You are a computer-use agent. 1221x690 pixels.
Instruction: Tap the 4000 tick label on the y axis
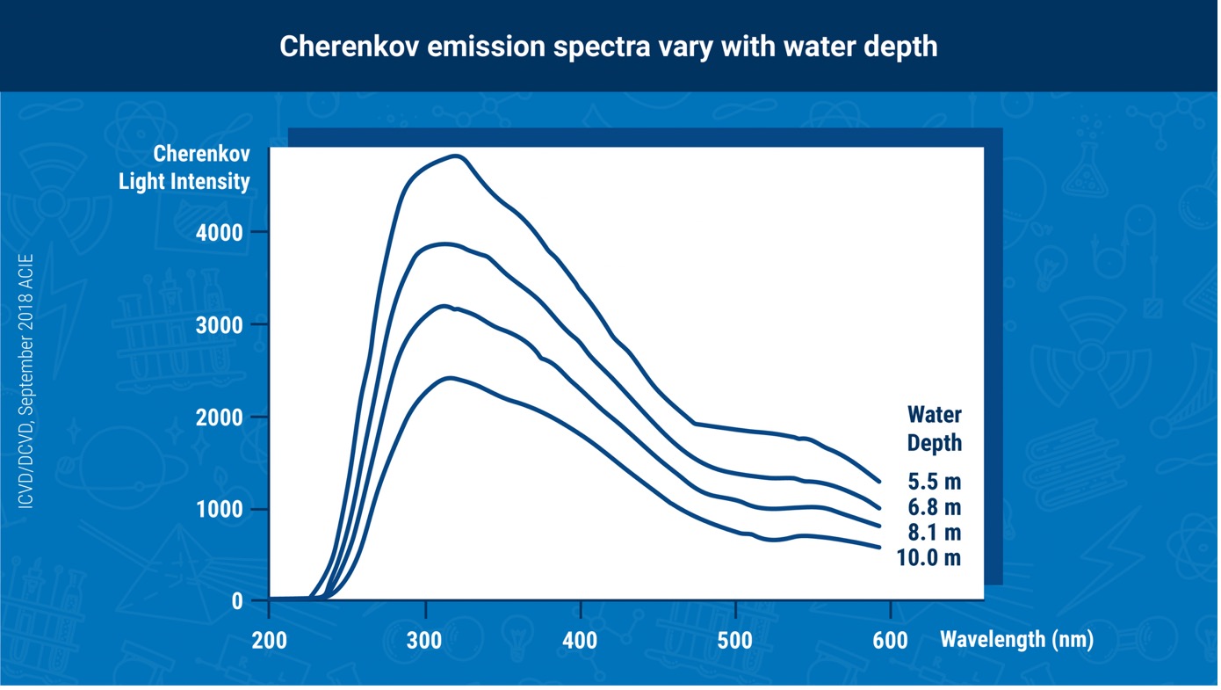(x=219, y=233)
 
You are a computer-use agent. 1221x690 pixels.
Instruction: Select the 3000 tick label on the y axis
(x=219, y=325)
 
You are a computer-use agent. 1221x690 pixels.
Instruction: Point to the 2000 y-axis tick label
(x=219, y=418)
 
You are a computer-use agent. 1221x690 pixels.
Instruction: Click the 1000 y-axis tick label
(x=219, y=510)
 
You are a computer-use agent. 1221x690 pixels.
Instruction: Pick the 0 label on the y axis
(x=237, y=601)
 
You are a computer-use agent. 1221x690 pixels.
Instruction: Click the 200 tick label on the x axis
(x=270, y=641)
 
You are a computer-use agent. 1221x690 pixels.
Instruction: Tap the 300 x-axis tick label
(x=424, y=641)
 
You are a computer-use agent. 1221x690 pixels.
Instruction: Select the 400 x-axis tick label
(x=580, y=641)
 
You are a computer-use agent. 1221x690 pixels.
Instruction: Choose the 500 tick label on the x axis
(x=735, y=641)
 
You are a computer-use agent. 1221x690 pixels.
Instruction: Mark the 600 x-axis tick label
(x=890, y=641)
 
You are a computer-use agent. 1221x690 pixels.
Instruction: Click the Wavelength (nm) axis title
(x=1017, y=639)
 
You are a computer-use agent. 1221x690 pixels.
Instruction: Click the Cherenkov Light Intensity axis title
(x=184, y=168)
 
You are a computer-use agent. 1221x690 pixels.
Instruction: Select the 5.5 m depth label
(x=935, y=482)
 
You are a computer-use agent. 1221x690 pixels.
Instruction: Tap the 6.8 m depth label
(x=935, y=507)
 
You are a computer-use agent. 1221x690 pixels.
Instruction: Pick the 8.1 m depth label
(x=935, y=533)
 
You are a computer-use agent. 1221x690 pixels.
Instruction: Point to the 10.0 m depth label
(x=928, y=558)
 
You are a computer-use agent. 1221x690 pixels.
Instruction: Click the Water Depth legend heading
(x=935, y=429)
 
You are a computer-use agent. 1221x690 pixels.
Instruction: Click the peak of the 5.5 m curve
(x=457, y=156)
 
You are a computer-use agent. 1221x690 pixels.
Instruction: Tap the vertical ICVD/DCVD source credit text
(x=25, y=381)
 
